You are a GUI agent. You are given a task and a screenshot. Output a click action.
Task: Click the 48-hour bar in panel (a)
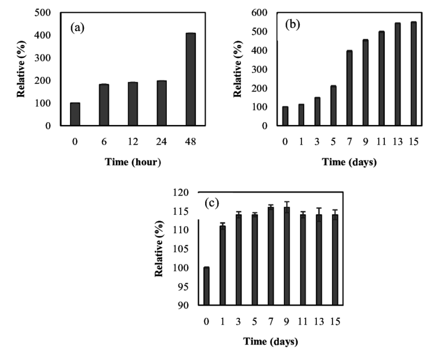tap(191, 79)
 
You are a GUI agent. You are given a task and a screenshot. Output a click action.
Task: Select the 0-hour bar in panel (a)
tap(75, 114)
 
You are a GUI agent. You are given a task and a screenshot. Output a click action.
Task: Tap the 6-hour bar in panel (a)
tap(104, 105)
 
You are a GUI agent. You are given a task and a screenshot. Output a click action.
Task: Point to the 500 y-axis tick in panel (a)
tap(50, 13)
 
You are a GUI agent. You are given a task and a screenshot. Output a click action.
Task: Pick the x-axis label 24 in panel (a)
tap(162, 141)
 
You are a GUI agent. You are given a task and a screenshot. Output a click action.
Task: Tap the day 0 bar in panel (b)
tap(285, 116)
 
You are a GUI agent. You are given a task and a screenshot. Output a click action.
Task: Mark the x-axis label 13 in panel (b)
tap(397, 141)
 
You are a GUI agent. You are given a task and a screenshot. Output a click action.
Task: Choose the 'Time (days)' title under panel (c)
tap(270, 341)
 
